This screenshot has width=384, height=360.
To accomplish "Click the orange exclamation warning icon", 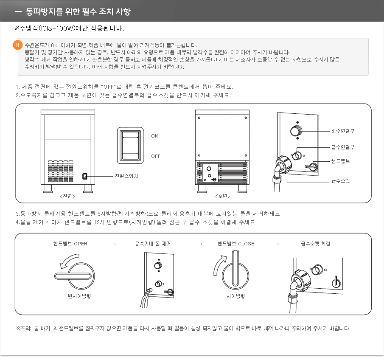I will [x=17, y=45].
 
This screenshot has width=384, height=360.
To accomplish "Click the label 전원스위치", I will [x=126, y=176].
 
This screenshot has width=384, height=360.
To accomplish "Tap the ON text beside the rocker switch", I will [x=154, y=136].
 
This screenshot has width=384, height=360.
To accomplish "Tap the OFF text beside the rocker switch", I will [x=156, y=156].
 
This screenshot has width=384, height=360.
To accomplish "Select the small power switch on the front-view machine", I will [x=84, y=176].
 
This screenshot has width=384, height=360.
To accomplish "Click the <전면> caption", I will [x=67, y=196].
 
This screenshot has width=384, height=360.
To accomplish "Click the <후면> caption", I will [x=222, y=196].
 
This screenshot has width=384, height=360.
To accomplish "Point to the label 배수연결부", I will [x=343, y=131].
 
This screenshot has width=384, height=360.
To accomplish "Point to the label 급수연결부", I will [x=343, y=147].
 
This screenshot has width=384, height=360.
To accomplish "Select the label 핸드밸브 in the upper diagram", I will [x=340, y=161].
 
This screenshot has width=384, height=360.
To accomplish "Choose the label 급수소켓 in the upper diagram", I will [x=340, y=180].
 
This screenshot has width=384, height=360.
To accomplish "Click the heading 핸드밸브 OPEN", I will [x=70, y=244].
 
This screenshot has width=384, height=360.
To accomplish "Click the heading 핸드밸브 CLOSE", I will [x=235, y=244].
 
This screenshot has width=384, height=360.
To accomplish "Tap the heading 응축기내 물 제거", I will [x=153, y=244].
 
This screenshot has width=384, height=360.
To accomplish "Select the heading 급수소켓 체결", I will [x=315, y=244].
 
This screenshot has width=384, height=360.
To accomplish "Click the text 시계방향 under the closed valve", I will [x=235, y=296].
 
